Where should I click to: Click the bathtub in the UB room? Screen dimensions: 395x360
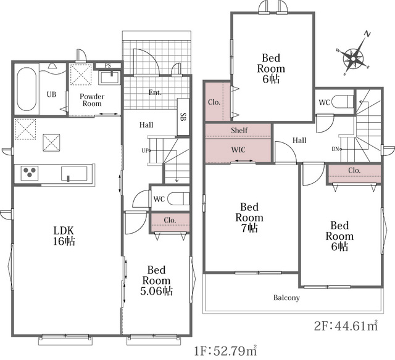click(x=27, y=89)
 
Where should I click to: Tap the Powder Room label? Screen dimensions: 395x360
click(x=92, y=100)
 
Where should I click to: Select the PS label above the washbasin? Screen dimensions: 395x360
click(x=108, y=66)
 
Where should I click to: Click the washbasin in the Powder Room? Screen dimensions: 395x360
click(x=110, y=78)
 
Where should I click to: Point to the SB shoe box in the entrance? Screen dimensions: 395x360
click(x=183, y=117)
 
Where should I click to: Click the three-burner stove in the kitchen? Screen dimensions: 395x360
click(x=30, y=173)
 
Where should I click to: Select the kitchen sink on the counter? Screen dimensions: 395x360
click(x=74, y=174)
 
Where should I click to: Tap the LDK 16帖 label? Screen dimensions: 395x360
click(x=64, y=235)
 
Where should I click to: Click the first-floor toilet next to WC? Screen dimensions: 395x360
click(x=178, y=198)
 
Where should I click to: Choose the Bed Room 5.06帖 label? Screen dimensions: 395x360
click(x=156, y=280)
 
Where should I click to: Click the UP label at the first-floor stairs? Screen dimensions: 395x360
click(x=145, y=150)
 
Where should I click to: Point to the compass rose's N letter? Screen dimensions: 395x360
click(x=368, y=34)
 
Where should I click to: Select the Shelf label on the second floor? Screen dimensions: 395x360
click(x=239, y=130)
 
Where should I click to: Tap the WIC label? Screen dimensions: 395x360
click(x=238, y=150)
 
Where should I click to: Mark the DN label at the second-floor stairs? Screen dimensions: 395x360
click(x=335, y=149)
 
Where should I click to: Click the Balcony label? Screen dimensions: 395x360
click(x=286, y=298)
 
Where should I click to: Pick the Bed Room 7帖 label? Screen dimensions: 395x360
click(x=249, y=218)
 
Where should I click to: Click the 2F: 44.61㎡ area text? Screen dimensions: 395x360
click(x=346, y=326)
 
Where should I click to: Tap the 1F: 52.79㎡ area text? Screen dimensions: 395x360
click(x=225, y=350)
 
